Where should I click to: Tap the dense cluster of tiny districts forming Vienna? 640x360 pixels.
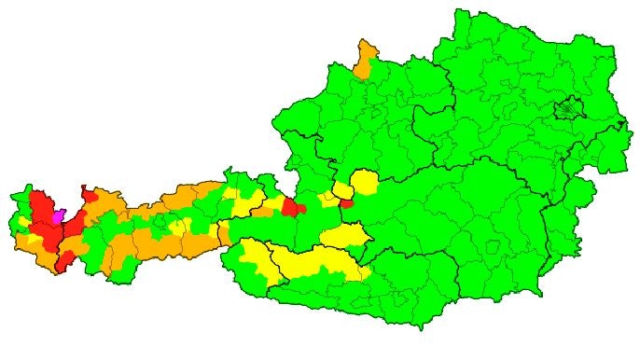point(566,111)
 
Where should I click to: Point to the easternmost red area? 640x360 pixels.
point(347,202)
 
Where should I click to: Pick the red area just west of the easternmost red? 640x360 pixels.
point(292,206)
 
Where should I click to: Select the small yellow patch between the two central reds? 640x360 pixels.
point(327,199)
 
